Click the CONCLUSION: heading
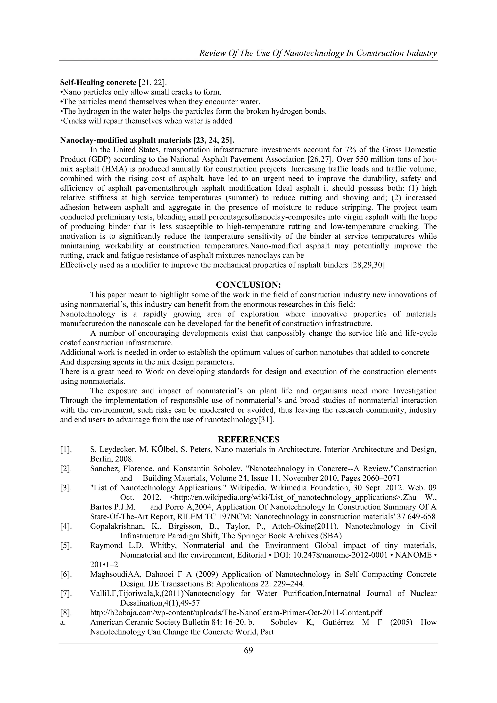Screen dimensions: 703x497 pyautogui.click(x=248, y=285)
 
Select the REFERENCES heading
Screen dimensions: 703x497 pyautogui.click(x=248, y=439)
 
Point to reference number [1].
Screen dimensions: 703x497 pyautogui.click(x=66, y=449)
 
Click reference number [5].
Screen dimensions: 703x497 pyautogui.click(x=66, y=545)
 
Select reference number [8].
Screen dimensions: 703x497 pyautogui.click(x=66, y=612)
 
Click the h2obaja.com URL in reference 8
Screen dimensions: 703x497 pyautogui.click(x=236, y=612)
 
